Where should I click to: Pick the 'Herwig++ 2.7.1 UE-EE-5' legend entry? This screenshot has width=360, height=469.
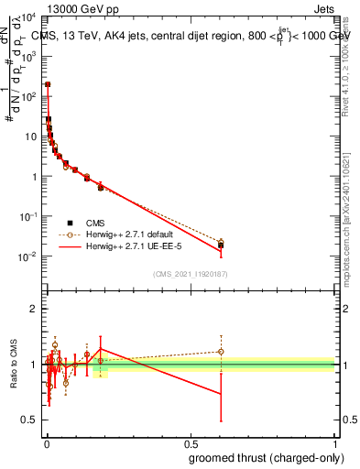115,247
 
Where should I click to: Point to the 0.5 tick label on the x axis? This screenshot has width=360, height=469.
191,444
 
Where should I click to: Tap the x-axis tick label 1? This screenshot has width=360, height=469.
333,444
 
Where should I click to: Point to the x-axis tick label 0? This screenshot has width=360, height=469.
47,444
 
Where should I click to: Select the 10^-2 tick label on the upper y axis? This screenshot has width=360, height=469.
29,257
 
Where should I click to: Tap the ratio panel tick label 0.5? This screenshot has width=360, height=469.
31,420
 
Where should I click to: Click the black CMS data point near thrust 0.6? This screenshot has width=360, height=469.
221,245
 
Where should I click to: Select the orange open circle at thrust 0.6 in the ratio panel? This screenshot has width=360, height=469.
221,352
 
